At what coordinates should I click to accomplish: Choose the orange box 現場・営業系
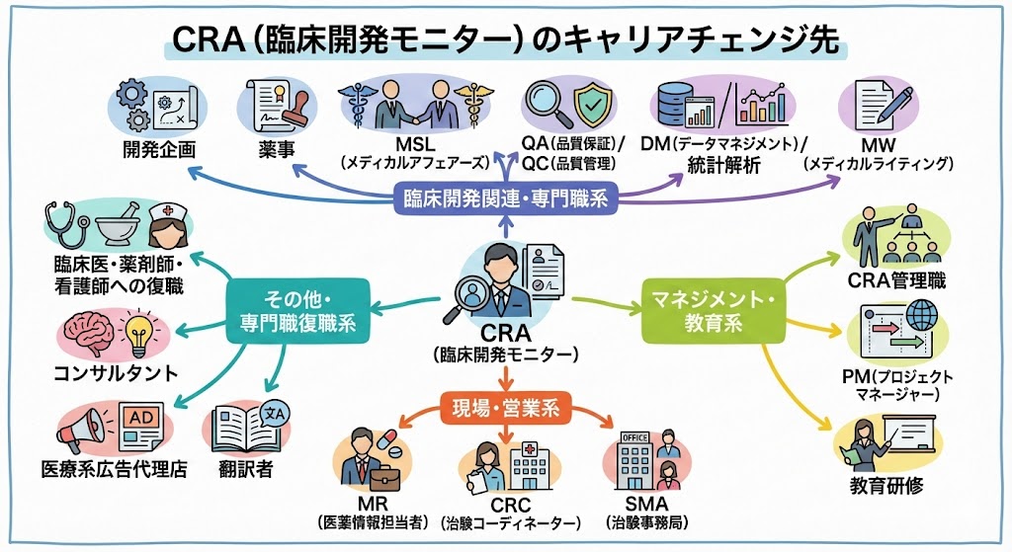coord(507,405)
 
